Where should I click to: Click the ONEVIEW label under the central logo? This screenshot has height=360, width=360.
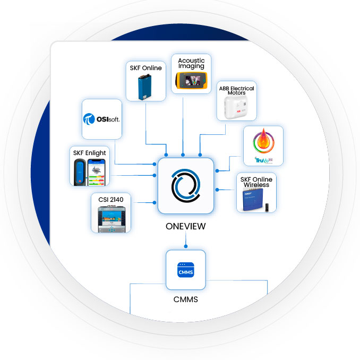[185, 226]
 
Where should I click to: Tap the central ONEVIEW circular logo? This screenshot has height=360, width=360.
[185, 186]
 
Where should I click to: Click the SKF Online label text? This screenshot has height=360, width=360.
[146, 68]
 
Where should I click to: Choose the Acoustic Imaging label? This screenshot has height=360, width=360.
[191, 64]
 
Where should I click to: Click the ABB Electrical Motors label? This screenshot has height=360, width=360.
[237, 91]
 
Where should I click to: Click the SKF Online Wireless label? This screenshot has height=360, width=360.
[256, 182]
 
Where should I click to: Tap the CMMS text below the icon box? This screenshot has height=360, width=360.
[185, 299]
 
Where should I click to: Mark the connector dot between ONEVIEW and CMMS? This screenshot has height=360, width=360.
[185, 246]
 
